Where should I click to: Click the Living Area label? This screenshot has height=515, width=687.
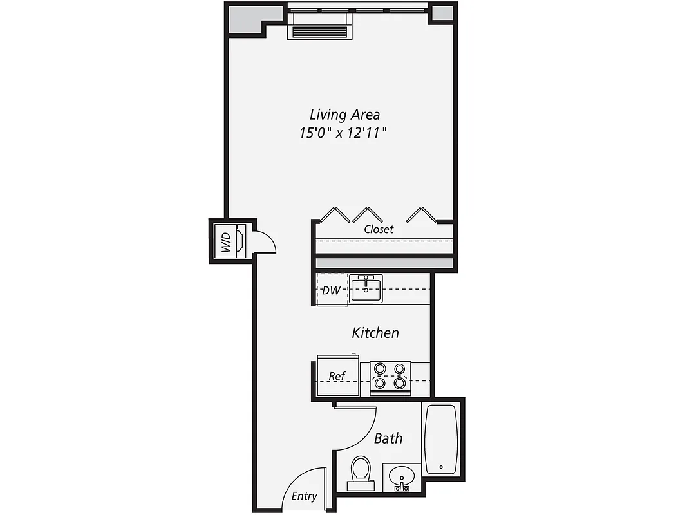[344, 115]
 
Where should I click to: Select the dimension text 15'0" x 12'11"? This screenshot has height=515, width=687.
[344, 134]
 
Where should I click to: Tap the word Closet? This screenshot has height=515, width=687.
[379, 229]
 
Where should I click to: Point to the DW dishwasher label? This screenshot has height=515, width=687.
[331, 290]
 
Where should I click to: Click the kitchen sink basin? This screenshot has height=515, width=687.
[366, 288]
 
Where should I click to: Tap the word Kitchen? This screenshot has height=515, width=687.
[375, 333]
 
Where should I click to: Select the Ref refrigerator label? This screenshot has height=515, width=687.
[337, 376]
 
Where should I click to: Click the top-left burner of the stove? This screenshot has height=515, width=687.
[381, 369]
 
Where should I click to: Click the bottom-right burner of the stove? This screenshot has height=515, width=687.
[400, 384]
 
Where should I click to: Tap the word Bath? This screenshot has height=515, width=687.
[388, 438]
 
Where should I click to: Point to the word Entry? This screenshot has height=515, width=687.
[304, 496]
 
